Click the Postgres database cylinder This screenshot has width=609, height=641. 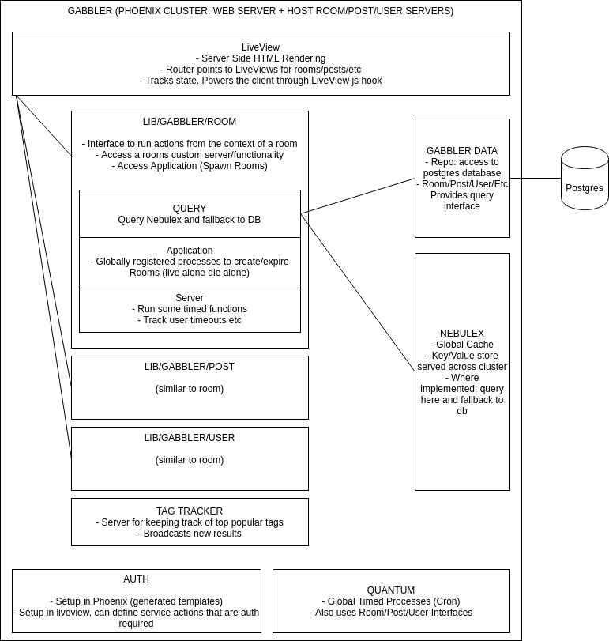(x=585, y=179)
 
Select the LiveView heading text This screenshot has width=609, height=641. (x=261, y=47)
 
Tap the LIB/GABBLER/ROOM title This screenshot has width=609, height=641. (x=190, y=122)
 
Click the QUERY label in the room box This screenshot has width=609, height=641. (x=190, y=209)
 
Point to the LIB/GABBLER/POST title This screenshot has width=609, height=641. (x=190, y=367)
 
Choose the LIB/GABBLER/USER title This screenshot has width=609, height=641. (x=190, y=438)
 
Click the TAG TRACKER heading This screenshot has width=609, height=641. (x=190, y=511)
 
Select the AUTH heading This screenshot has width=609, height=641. (x=136, y=579)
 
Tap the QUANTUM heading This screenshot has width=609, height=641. (x=391, y=590)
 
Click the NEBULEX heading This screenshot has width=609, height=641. (x=462, y=334)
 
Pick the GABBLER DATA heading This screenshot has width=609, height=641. (x=462, y=150)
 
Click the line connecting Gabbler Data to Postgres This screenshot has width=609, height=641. (x=536, y=178)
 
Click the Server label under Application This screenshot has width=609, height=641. (x=190, y=298)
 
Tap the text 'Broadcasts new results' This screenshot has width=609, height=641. (x=190, y=534)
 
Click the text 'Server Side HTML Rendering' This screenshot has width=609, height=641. (x=261, y=58)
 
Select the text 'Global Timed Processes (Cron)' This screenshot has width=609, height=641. (x=391, y=601)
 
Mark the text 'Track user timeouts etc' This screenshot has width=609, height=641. (x=190, y=320)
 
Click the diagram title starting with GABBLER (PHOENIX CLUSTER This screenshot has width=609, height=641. (x=261, y=12)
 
